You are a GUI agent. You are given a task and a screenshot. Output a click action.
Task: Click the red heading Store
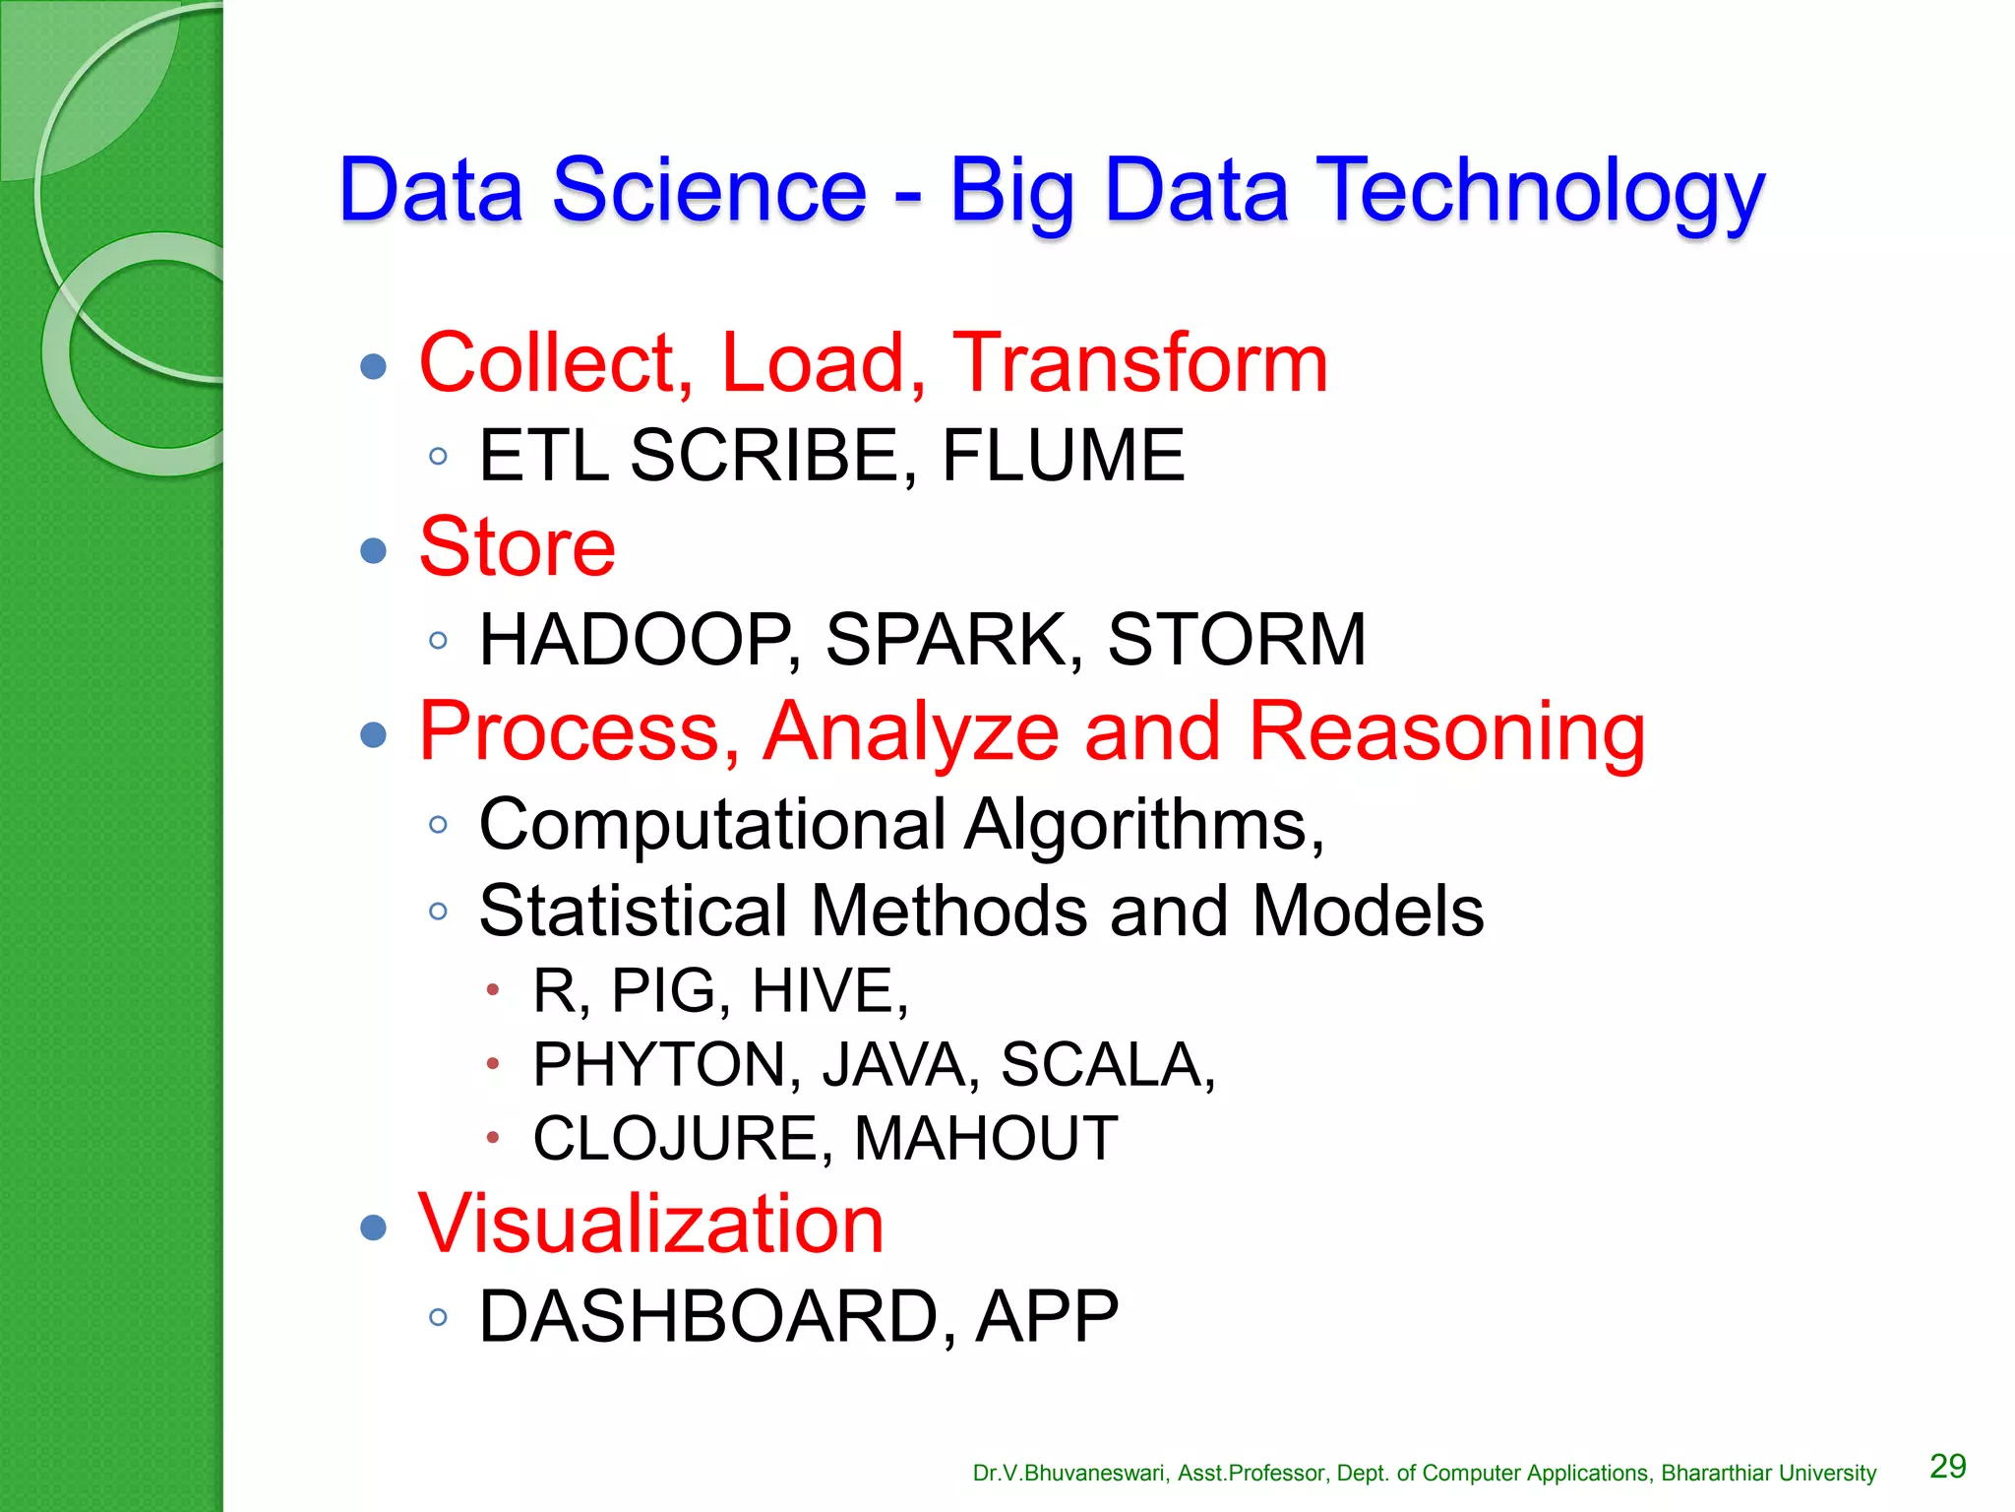tap(517, 547)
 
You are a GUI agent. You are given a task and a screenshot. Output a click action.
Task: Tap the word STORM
tap(1237, 640)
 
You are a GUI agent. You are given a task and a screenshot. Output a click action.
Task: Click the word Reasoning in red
tap(1446, 732)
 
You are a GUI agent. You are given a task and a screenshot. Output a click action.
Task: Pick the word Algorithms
tap(1141, 825)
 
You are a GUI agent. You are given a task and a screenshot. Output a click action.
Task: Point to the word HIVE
tap(828, 990)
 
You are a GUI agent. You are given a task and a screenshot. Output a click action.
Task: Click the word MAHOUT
tap(986, 1139)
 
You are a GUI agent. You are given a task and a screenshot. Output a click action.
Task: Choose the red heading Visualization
tap(651, 1224)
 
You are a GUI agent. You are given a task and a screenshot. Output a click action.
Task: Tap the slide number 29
tap(1947, 1467)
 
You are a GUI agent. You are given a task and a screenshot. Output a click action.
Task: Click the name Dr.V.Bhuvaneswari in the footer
tap(1070, 1474)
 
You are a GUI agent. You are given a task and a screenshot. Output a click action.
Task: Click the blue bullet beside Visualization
tap(373, 1227)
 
